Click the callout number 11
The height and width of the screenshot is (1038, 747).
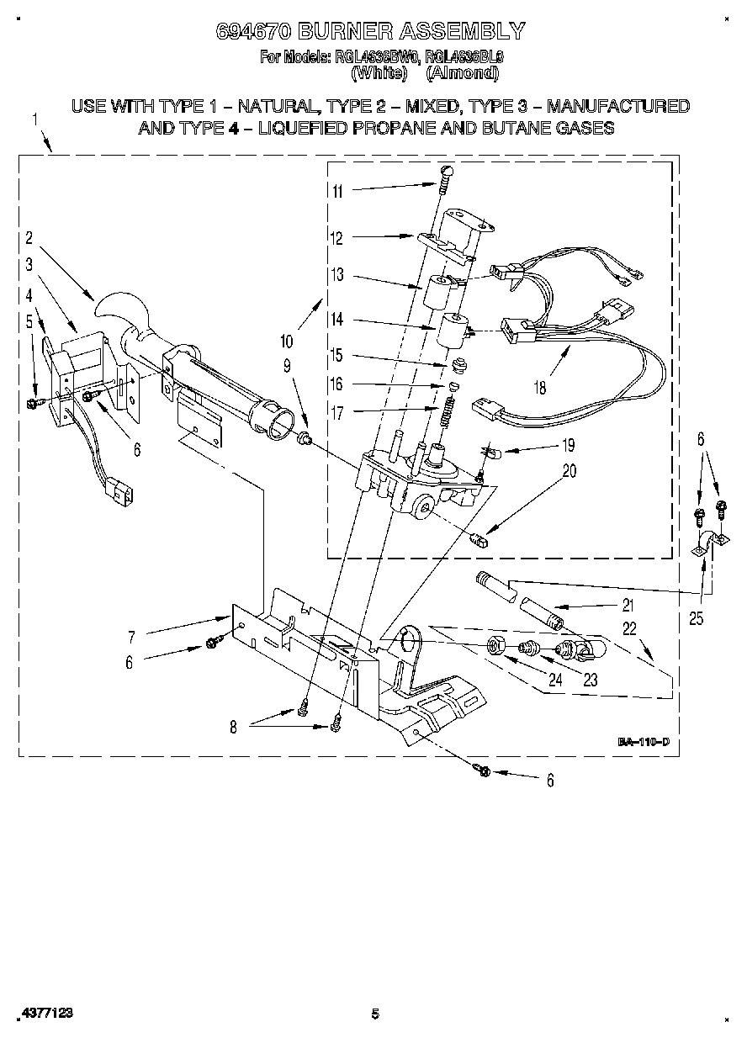pos(337,191)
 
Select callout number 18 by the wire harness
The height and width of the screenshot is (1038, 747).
pos(539,388)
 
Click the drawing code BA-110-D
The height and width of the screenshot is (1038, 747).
pos(644,742)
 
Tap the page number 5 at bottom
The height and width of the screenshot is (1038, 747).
pos(375,1014)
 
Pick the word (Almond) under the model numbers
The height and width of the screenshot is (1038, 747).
pos(462,73)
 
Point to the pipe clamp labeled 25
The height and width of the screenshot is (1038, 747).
pos(706,543)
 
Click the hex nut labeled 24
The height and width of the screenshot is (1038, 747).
pos(496,647)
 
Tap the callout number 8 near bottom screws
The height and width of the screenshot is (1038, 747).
pos(233,728)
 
